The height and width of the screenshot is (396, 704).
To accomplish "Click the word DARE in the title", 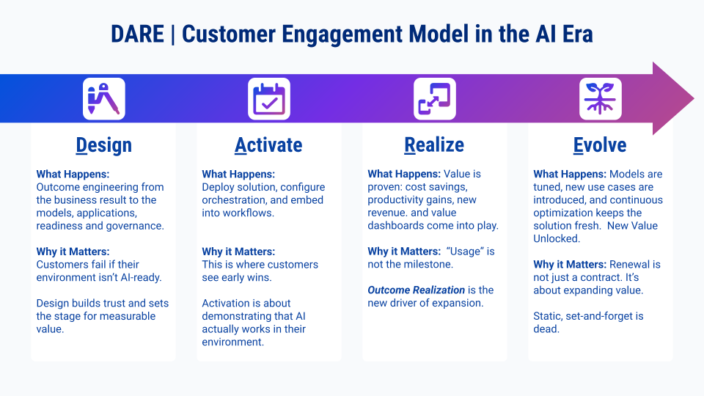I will (x=136, y=34).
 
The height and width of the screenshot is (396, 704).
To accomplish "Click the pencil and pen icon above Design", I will (x=103, y=99).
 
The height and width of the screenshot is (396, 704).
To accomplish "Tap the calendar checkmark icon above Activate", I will (x=269, y=99).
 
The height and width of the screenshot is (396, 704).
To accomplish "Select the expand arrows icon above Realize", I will (x=435, y=99).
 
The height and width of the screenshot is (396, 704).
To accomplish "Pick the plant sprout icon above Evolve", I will (x=601, y=99).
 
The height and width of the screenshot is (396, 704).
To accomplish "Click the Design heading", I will (x=103, y=145).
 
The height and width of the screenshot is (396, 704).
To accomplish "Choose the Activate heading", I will (x=268, y=145).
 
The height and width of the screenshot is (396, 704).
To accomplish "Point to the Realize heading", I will (x=434, y=145).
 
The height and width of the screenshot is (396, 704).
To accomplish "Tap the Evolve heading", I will (x=600, y=145).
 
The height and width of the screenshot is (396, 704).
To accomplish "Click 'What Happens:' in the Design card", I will (x=73, y=175).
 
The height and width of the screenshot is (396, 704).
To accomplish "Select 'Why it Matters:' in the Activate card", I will (x=238, y=252).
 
